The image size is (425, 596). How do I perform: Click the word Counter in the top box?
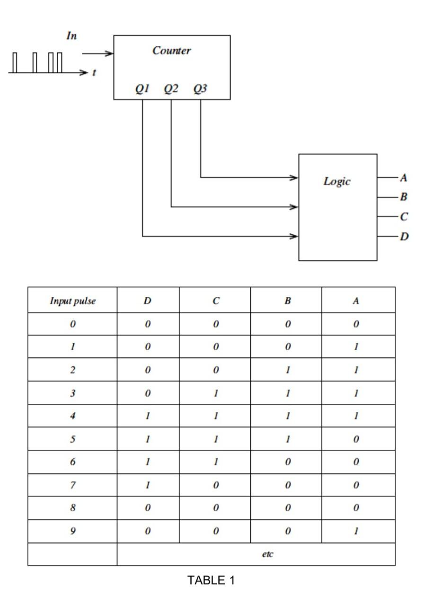(x=171, y=51)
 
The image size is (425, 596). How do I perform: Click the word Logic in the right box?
(x=337, y=181)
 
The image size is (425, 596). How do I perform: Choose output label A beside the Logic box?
(x=403, y=178)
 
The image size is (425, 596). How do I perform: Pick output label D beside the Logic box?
(x=404, y=236)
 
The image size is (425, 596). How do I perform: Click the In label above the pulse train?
(x=71, y=36)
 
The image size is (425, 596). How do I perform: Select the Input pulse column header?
(x=72, y=301)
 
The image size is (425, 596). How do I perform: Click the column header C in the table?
(x=215, y=301)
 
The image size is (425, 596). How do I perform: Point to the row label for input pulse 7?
(x=72, y=485)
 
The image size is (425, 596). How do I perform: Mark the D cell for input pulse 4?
(x=148, y=416)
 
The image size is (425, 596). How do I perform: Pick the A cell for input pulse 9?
(x=357, y=531)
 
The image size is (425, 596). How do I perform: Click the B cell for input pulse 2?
(x=287, y=370)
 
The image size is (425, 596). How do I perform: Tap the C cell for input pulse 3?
(x=215, y=393)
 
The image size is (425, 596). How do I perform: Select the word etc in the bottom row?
(x=267, y=554)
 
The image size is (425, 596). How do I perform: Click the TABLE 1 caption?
(x=211, y=580)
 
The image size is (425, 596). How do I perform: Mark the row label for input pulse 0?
(x=72, y=324)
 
